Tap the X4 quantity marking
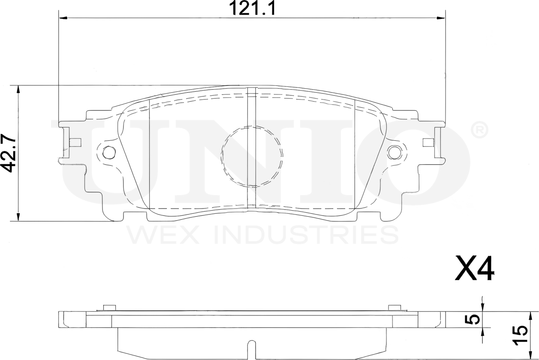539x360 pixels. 474,269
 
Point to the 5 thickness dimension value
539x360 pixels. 473,319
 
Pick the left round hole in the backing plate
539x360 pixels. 109,152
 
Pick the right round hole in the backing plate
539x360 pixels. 394,151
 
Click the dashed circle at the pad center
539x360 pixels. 252,156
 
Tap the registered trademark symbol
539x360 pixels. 479,130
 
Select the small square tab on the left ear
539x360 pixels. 75,142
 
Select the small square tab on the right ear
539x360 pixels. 428,142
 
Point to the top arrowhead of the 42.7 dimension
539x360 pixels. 18,89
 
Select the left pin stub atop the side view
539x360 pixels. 110,307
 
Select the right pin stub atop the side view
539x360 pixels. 394,307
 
